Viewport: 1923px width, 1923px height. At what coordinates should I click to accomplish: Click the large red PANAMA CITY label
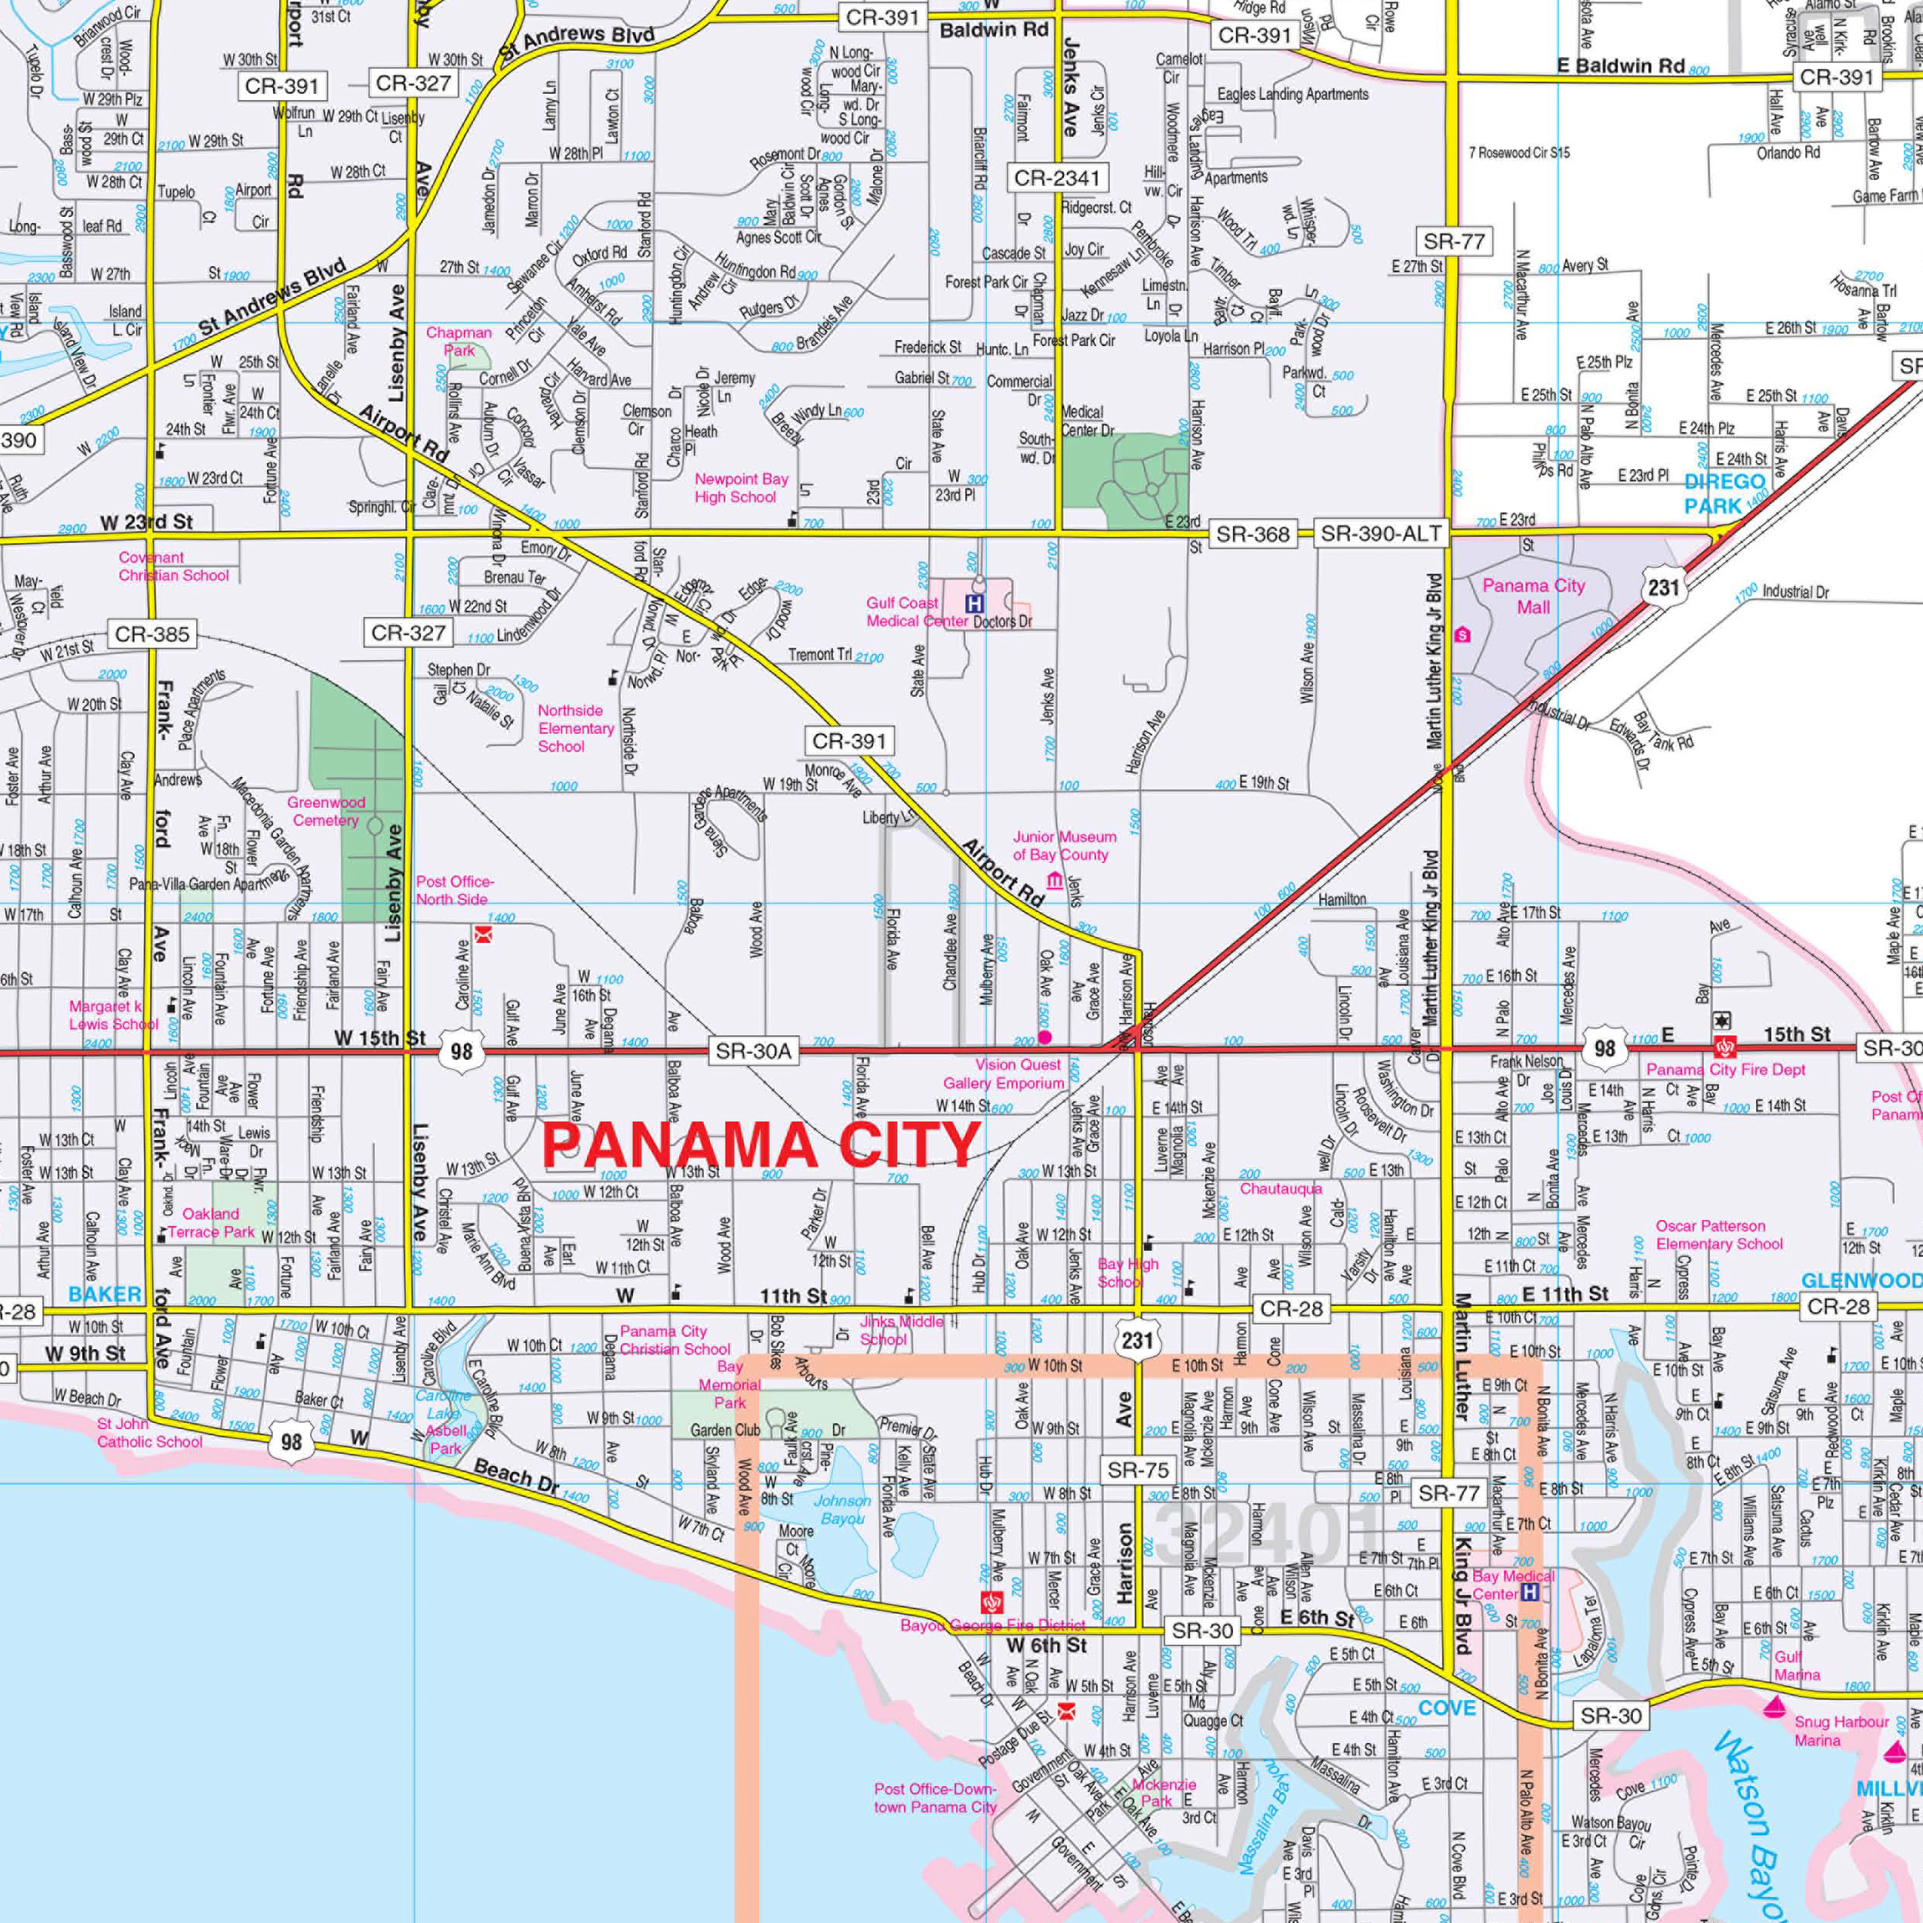pos(762,1145)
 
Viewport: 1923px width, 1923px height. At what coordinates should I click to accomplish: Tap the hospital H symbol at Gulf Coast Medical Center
pos(975,603)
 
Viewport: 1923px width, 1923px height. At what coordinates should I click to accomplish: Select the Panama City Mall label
pos(1533,596)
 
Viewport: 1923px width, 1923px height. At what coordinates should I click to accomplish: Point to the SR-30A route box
pos(754,1051)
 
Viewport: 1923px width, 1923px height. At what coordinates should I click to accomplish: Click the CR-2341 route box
pos(1057,178)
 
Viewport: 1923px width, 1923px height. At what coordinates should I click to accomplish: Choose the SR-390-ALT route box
pos(1381,535)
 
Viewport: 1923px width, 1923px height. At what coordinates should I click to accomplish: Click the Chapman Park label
pos(459,342)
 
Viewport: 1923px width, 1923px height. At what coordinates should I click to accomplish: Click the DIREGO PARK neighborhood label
pos(1725,494)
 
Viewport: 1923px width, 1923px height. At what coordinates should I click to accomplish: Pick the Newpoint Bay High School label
pos(741,488)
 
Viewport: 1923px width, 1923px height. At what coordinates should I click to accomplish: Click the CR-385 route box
pos(152,634)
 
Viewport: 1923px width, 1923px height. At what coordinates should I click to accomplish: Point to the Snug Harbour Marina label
pos(1841,1731)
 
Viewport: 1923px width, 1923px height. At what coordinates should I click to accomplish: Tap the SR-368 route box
pos(1252,535)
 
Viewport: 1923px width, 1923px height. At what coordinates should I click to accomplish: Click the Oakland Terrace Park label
pos(211,1222)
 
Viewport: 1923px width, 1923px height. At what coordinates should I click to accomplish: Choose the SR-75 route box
pos(1138,1470)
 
